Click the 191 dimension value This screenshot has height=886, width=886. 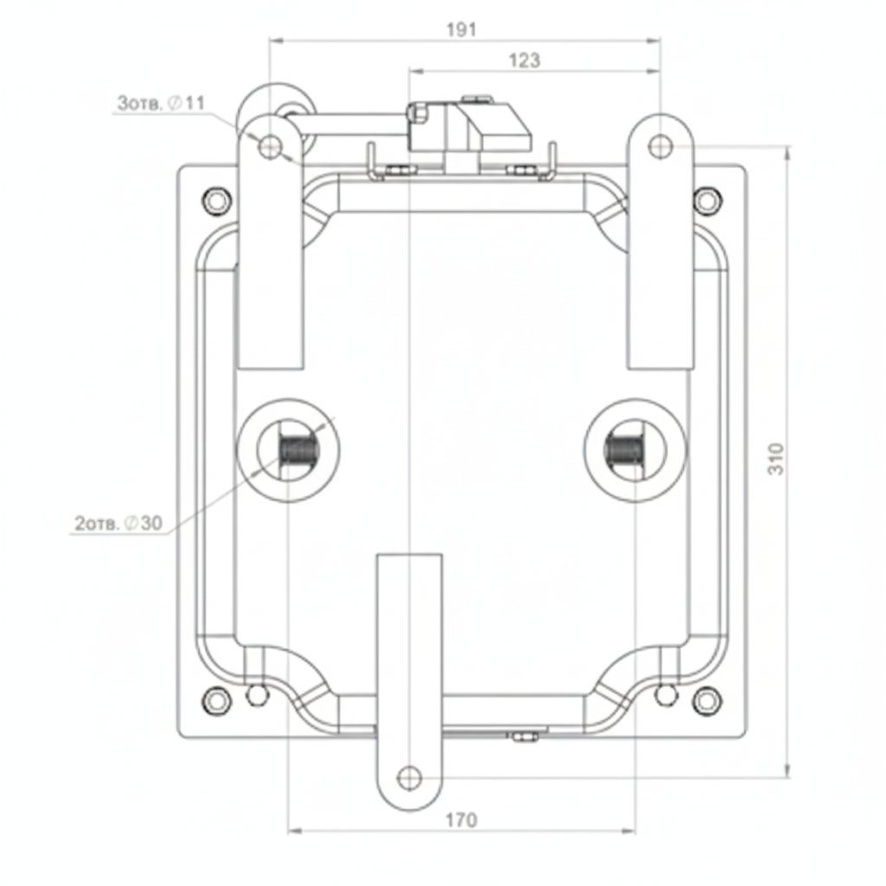462,29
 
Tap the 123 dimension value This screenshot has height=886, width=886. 524,60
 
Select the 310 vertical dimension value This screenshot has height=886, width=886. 776,459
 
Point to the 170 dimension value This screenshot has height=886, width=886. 462,819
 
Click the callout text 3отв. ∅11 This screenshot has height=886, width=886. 161,103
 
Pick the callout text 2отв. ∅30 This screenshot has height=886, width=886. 119,523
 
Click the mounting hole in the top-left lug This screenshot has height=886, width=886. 271,146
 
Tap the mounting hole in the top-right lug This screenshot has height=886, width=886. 660,146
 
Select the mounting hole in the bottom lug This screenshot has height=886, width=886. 409,778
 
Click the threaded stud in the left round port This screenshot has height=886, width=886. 299,450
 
